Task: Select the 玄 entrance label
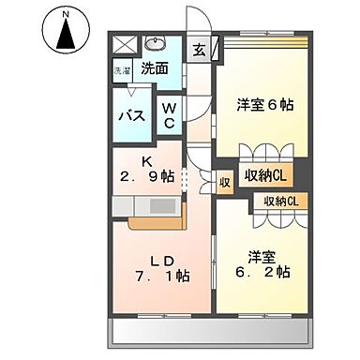tap(201, 51)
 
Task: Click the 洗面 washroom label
tap(155, 67)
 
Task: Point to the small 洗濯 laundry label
tap(123, 70)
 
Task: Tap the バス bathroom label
tap(130, 115)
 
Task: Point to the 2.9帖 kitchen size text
tap(148, 175)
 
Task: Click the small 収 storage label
tap(225, 182)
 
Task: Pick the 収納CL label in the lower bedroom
tap(280, 201)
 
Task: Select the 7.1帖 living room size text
tap(161, 277)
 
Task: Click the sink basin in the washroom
tap(155, 43)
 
